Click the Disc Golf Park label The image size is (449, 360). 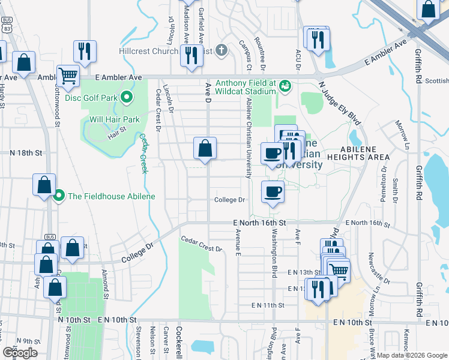(x=89, y=97)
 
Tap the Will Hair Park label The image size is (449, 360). (x=115, y=119)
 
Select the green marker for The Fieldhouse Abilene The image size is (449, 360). (x=59, y=196)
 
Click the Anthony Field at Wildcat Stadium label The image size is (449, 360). (x=246, y=87)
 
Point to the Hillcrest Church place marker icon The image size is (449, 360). (x=221, y=51)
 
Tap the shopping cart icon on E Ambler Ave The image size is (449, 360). (x=68, y=76)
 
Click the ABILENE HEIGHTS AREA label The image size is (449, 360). (x=366, y=153)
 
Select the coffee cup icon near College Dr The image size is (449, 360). (x=272, y=192)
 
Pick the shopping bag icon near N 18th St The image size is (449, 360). (x=205, y=148)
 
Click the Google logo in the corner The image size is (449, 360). (x=20, y=353)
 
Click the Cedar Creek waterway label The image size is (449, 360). (x=144, y=153)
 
